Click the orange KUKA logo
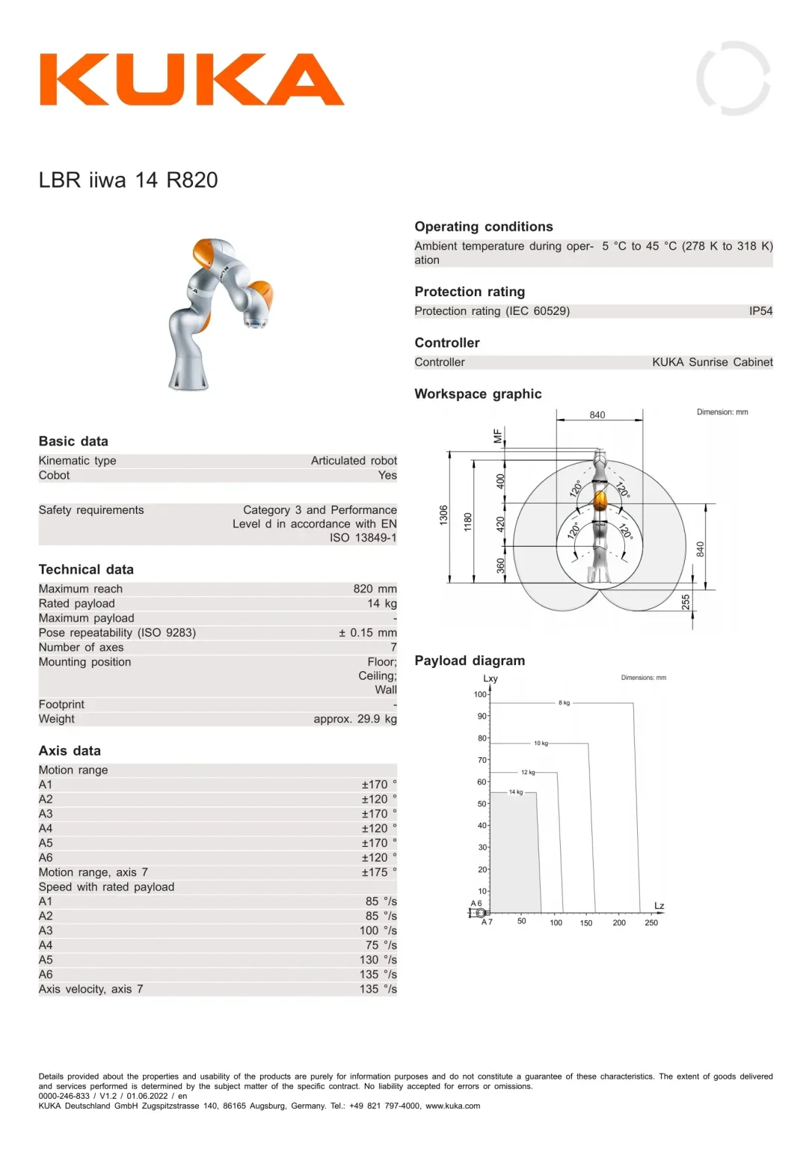[191, 79]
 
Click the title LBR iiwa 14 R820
[128, 180]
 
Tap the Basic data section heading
[73, 441]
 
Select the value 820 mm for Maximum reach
[375, 589]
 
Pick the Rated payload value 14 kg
[382, 603]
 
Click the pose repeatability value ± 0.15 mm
[368, 632]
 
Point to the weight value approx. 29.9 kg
[355, 719]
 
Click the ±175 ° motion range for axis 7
[379, 872]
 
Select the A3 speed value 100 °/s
[378, 931]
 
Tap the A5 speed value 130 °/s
[378, 960]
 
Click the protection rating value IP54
[760, 311]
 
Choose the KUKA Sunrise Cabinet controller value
[713, 362]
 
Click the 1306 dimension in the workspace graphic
[443, 515]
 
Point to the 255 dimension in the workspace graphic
[686, 602]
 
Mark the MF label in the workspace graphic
[497, 435]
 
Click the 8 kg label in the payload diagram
[564, 702]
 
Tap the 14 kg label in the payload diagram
[516, 792]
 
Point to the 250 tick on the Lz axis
[651, 922]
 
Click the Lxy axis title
[490, 678]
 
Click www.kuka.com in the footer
[452, 1106]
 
